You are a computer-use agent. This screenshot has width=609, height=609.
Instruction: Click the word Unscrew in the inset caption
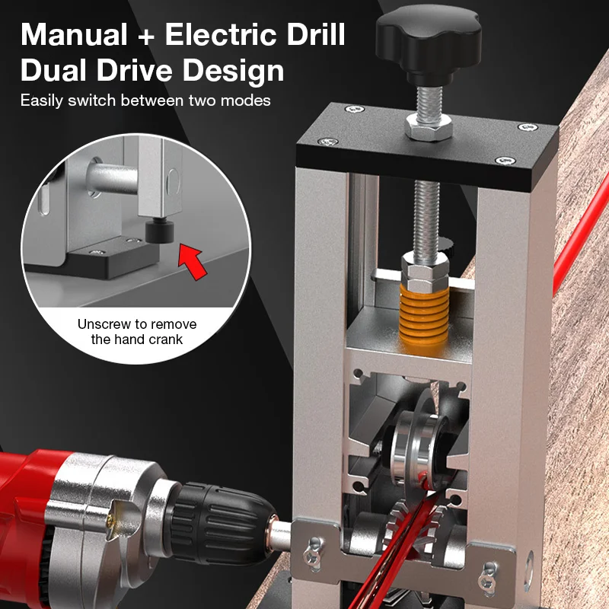pyautogui.click(x=103, y=324)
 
